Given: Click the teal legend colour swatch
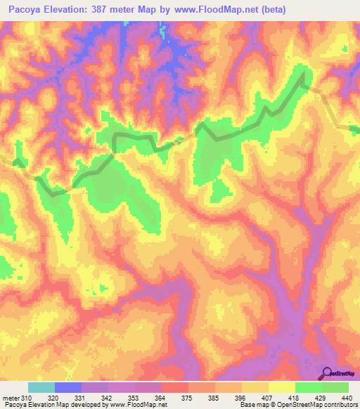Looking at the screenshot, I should [41, 387].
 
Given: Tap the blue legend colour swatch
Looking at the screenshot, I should [68, 387].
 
